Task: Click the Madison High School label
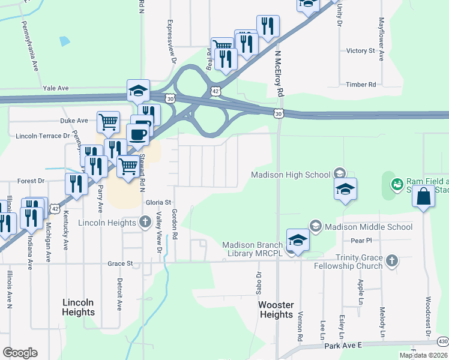point(291,175)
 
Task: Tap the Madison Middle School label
point(368,227)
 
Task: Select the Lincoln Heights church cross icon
point(145,223)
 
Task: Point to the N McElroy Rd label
point(279,74)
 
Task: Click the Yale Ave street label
point(55,88)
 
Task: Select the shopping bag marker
point(424,196)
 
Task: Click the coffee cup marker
point(137,134)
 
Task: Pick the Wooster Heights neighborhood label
point(276,310)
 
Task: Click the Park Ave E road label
point(343,346)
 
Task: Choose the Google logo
point(20,353)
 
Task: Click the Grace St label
point(120,263)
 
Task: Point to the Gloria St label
point(160,203)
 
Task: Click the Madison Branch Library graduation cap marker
point(298,241)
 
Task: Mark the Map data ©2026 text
point(423,355)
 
